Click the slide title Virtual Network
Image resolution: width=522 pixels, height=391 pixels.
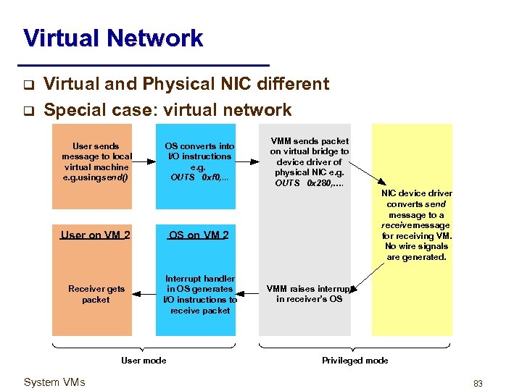coord(113,38)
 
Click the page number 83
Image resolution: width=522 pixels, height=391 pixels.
coord(478,383)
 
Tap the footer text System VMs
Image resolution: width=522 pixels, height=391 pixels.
coord(54,382)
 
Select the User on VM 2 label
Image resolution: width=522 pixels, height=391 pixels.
coord(96,235)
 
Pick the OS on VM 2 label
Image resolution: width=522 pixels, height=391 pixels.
coord(199,235)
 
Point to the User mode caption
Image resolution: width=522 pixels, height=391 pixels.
coord(144,360)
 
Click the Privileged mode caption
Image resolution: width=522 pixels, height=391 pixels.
coord(355,360)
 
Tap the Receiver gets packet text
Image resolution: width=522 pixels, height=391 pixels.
coord(96,294)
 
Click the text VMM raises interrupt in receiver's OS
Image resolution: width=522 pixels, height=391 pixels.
coord(310,294)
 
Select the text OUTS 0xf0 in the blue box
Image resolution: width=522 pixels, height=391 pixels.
coord(199,177)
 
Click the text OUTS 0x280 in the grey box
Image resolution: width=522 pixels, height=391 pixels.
coord(310,183)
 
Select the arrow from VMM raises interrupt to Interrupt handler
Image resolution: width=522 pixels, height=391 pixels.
coord(247,294)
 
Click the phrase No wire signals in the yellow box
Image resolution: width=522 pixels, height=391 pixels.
coord(417,246)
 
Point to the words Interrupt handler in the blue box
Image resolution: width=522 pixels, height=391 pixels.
coord(200,278)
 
